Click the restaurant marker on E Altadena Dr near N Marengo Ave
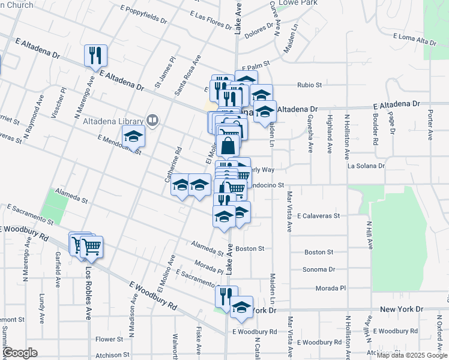(96, 56)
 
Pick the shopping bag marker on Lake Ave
(228, 146)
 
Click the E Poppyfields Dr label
(143, 14)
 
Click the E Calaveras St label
(318, 215)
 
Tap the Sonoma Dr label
(318, 270)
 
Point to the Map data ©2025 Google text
(412, 355)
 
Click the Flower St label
(109, 339)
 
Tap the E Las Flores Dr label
(211, 21)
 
